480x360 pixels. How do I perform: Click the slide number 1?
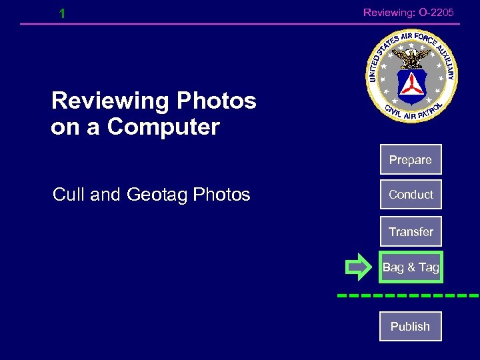point(62,13)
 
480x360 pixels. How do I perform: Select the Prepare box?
point(411,160)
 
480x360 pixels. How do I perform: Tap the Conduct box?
point(411,195)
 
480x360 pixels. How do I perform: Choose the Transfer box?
point(411,232)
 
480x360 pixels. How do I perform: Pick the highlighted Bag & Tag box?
point(411,267)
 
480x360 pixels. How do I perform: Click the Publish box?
point(411,327)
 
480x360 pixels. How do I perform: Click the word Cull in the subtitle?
point(69,195)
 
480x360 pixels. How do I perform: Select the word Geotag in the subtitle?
point(157,195)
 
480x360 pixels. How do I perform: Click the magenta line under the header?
point(240,25)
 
